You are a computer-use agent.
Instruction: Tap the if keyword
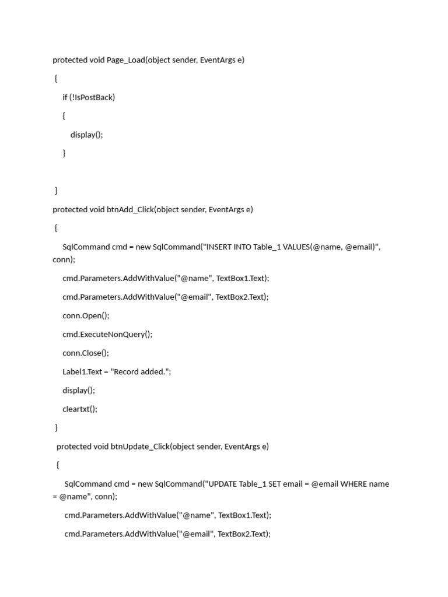[x=65, y=97]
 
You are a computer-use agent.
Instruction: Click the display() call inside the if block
[x=86, y=135]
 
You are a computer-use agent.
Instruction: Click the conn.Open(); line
[x=86, y=315]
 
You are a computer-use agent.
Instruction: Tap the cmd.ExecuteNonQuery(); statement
[x=107, y=334]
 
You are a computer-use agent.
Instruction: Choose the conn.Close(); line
[x=86, y=353]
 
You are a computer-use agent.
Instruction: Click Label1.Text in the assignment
[x=82, y=371]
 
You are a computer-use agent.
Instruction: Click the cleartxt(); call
[x=80, y=409]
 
